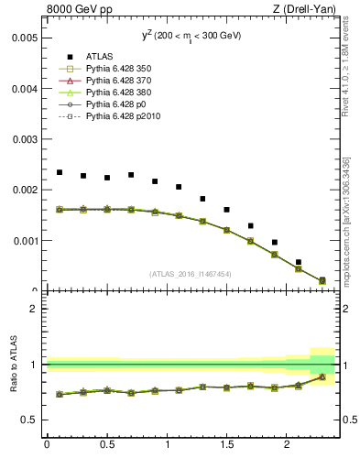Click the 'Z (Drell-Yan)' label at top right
coord(309,10)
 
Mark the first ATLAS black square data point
coord(60,172)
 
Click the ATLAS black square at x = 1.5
coord(226,210)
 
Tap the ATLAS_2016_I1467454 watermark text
coord(191,274)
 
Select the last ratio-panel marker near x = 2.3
coord(322,376)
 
